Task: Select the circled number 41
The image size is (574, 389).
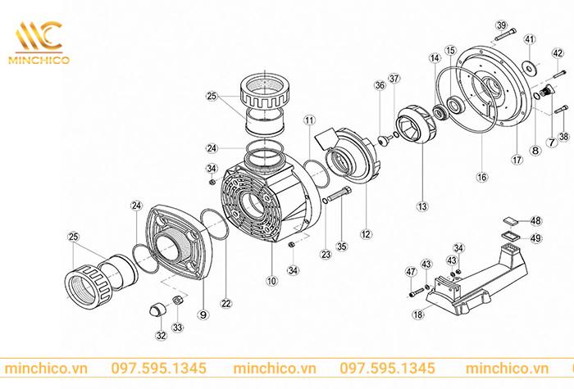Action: click(530, 38)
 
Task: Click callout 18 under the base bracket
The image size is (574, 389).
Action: click(419, 314)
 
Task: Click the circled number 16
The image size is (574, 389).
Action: click(481, 175)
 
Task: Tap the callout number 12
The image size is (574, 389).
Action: click(366, 234)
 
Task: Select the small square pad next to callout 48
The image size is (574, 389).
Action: click(509, 219)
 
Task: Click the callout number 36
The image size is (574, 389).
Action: click(379, 85)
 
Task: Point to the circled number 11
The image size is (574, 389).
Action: click(308, 120)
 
